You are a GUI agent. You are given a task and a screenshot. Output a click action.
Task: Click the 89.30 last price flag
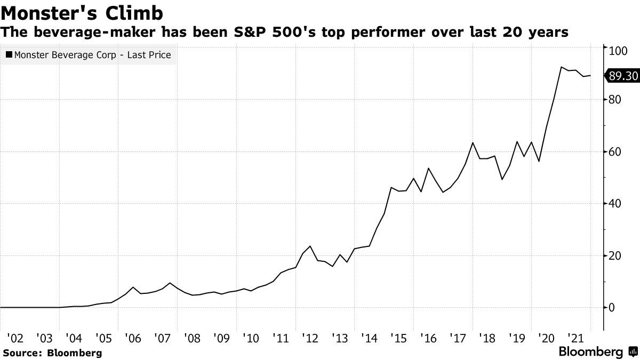(622, 76)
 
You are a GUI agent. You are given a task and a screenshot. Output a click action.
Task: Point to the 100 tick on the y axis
(619, 50)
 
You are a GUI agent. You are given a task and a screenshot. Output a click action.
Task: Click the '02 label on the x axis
(15, 338)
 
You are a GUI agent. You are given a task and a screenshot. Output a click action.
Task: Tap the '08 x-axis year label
(191, 338)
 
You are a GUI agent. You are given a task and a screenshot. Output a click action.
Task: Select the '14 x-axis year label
(368, 338)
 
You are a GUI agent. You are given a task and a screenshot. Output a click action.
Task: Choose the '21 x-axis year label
(574, 338)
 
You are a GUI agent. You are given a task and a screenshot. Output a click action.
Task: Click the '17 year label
(457, 338)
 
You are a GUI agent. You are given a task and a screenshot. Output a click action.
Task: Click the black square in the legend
(9, 54)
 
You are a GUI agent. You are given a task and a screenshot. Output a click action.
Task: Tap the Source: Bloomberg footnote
(52, 353)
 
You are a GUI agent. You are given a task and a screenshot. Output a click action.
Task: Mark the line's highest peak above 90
(562, 67)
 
